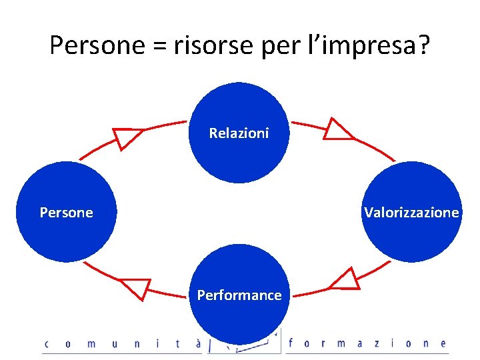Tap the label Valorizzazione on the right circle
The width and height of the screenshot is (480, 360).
(411, 213)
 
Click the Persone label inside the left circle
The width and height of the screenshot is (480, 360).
(67, 213)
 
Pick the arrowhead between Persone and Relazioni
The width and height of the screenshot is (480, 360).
(126, 137)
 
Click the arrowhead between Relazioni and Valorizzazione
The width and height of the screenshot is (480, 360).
(337, 130)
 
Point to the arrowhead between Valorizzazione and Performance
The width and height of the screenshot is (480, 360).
(346, 279)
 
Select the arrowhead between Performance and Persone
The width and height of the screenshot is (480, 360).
(137, 289)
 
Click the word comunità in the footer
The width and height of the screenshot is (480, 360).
(113, 344)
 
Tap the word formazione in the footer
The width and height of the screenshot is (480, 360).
(367, 344)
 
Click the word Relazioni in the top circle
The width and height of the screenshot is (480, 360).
(239, 133)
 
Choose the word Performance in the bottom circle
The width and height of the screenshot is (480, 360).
(239, 295)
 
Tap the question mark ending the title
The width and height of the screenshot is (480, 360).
(423, 45)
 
